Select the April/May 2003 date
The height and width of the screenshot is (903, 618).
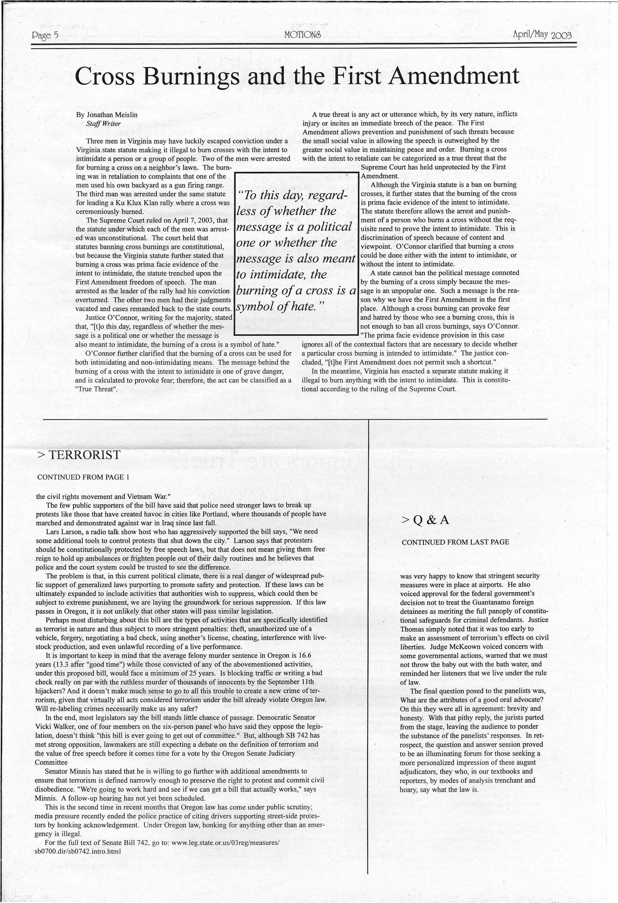(x=542, y=35)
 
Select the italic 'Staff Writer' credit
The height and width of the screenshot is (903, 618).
(x=103, y=124)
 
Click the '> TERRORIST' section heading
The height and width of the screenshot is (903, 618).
(x=79, y=455)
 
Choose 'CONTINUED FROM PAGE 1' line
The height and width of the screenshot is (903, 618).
(x=83, y=477)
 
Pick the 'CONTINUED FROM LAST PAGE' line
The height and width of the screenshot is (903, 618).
(x=455, y=542)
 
